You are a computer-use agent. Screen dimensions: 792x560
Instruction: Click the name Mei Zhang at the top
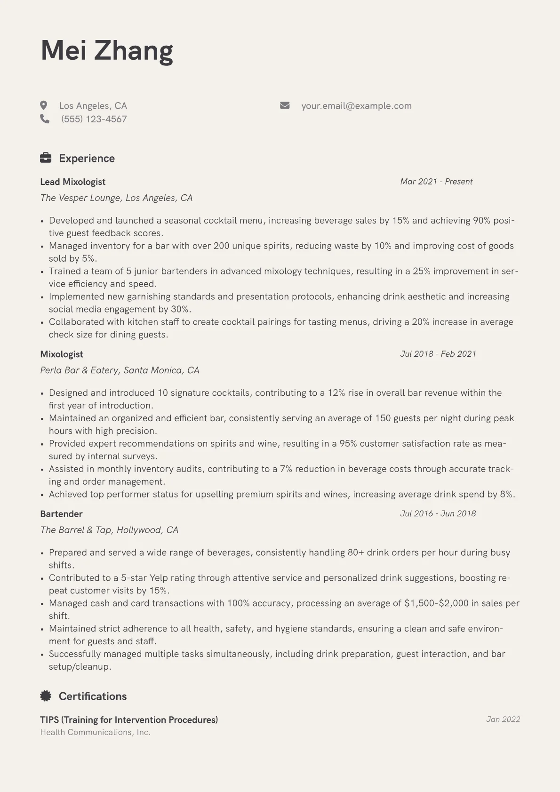coord(107,50)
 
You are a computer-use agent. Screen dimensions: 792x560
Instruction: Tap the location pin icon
coord(44,105)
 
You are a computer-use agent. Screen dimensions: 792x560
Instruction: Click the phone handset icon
coord(45,119)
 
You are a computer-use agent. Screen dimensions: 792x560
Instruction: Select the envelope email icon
coord(285,105)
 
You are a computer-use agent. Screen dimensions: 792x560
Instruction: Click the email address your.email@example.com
coord(356,106)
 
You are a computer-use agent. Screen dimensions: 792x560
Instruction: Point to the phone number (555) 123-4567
coord(94,119)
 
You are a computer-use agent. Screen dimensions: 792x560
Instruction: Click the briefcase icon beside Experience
coord(46,158)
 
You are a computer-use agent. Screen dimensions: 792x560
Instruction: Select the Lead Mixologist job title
coord(72,182)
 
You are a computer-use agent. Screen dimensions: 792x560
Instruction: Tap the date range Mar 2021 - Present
coord(436,182)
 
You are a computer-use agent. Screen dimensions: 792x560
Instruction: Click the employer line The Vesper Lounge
coord(116,198)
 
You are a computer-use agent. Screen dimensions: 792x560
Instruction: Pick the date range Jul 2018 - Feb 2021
coord(438,354)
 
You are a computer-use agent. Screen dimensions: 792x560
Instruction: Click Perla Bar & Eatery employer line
coord(120,370)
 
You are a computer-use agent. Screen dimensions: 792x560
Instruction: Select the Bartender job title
coord(61,514)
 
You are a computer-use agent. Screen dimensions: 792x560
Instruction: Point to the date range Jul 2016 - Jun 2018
coord(438,513)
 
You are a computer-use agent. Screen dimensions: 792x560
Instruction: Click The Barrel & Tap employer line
coord(109,530)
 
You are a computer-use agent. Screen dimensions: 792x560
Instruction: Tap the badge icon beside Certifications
coord(46,696)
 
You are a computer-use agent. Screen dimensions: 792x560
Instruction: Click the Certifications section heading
coord(93,696)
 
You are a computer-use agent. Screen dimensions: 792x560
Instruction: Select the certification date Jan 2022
coord(503,719)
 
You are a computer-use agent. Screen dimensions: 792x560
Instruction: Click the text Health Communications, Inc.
coord(96,732)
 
